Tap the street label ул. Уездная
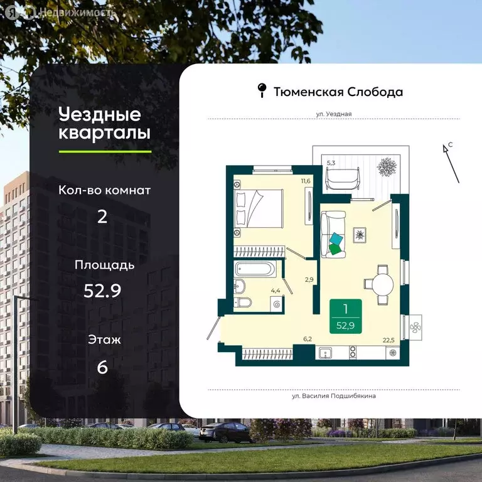333,114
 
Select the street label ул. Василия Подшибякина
334,396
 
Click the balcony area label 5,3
331,163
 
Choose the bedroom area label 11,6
306,181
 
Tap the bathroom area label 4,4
274,291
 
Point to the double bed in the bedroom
258,210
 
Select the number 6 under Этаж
102,367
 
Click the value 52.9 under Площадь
102,290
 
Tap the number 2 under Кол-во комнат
102,217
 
